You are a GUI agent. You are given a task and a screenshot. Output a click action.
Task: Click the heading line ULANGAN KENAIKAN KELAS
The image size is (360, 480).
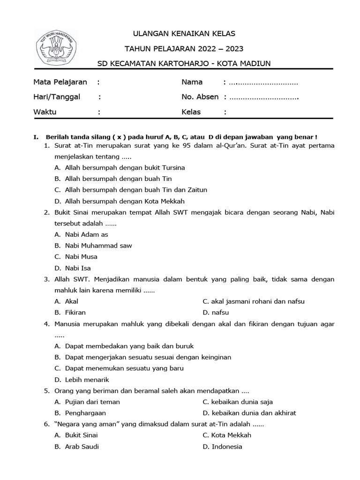(184, 33)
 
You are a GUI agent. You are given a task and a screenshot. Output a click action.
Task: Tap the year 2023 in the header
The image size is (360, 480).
(234, 48)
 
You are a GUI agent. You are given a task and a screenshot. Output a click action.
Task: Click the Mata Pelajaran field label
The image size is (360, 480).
(60, 82)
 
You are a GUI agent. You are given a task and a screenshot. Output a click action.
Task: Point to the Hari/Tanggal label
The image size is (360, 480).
(57, 97)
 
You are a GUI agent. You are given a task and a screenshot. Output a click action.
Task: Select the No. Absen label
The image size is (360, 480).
(200, 97)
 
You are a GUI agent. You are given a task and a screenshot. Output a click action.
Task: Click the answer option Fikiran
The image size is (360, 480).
(75, 313)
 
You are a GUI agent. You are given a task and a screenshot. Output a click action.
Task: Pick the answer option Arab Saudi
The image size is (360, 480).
(82, 447)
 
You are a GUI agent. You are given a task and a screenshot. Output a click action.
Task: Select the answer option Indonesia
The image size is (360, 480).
(227, 447)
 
